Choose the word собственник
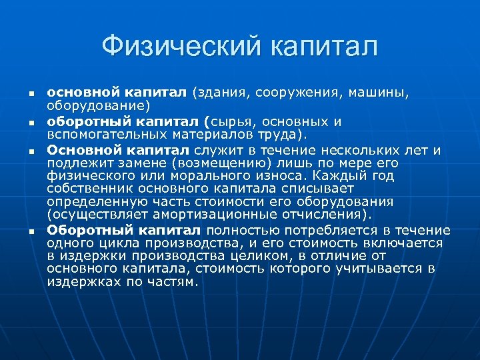coord(87,189)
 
